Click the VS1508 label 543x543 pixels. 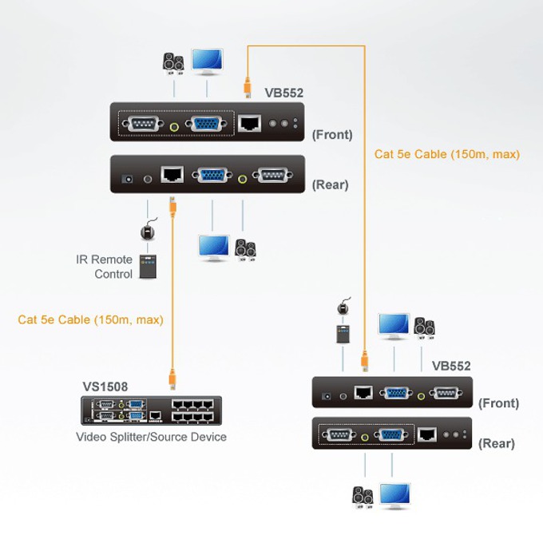click(105, 386)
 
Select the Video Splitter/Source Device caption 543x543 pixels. click(151, 437)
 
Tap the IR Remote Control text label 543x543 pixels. click(104, 267)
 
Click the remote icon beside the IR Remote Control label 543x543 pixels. click(148, 267)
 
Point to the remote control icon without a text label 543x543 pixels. click(343, 334)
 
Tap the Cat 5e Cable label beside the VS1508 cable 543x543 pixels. click(90, 319)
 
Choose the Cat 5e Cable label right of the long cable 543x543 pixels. click(446, 154)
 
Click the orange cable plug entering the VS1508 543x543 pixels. click(172, 379)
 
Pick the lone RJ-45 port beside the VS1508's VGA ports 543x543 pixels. click(155, 415)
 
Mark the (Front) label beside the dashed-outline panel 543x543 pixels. click(332, 134)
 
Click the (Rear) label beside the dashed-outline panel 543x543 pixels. click(496, 443)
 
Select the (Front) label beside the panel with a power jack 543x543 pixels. click(498, 403)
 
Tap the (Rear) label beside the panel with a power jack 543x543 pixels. click(330, 184)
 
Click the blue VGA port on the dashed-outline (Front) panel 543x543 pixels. click(206, 124)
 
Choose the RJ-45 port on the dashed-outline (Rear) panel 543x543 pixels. click(427, 434)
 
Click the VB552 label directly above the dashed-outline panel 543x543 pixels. click(284, 93)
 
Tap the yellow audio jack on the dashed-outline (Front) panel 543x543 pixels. click(175, 127)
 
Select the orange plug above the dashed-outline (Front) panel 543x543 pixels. click(248, 87)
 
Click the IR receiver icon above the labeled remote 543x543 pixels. click(148, 230)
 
